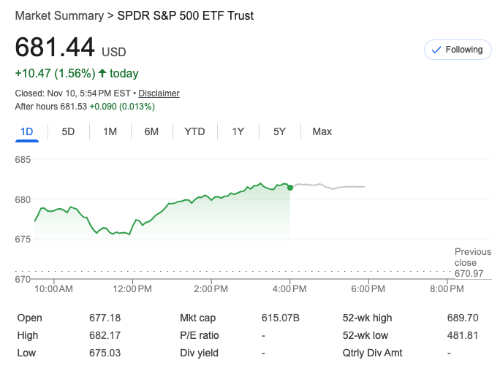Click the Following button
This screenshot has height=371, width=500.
click(458, 50)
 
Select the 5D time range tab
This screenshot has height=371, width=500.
click(68, 131)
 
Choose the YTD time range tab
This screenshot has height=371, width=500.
click(194, 131)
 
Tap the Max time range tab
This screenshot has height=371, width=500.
click(322, 131)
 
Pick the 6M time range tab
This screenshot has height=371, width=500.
click(151, 131)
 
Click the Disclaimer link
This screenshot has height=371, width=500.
click(159, 93)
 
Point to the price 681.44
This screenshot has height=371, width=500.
click(56, 48)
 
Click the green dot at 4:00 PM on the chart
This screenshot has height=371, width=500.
click(290, 188)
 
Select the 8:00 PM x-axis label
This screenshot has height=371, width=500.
click(447, 289)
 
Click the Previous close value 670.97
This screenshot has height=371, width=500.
click(469, 274)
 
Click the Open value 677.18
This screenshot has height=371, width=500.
click(103, 318)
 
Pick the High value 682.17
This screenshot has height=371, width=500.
click(103, 335)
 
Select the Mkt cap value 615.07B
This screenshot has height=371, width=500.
click(281, 318)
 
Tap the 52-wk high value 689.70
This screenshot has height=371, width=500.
click(462, 318)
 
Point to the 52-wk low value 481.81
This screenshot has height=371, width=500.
click(462, 335)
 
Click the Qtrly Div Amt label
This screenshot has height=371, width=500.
click(373, 353)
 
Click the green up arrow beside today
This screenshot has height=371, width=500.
click(102, 73)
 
